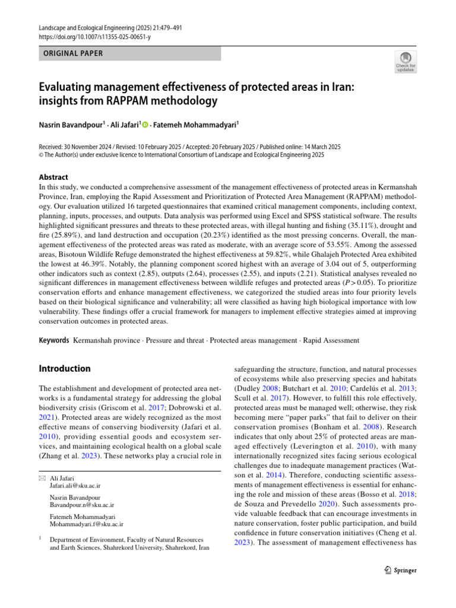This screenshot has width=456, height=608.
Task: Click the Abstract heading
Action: pos(53,177)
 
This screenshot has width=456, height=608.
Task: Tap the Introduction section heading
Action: pos(65,368)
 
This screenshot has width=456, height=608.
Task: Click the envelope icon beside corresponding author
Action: pos(42,477)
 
